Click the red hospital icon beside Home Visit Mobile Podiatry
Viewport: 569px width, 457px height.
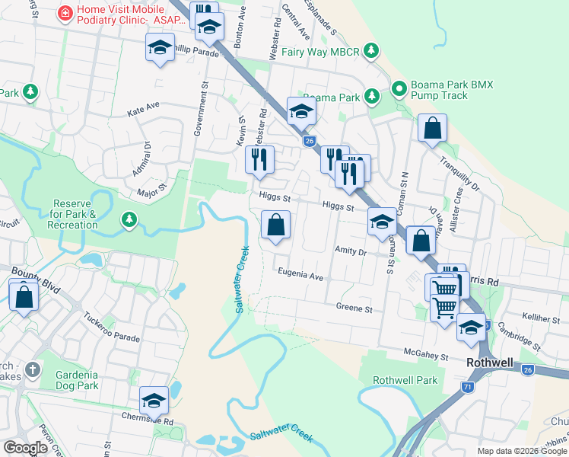(65, 14)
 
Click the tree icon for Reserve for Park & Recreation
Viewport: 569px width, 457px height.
(129, 220)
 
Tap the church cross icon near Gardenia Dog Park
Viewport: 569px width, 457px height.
(31, 370)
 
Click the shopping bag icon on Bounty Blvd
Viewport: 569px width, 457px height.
(24, 296)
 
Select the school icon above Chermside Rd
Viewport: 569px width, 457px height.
(154, 401)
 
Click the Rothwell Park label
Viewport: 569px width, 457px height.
(405, 380)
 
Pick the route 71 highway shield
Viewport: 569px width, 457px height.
(466, 387)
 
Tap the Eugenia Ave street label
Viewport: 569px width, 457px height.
(300, 274)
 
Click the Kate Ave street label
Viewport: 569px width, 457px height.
(144, 109)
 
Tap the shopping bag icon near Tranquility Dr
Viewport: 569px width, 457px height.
(432, 129)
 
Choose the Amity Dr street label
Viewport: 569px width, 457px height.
(351, 251)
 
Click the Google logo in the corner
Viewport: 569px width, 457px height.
(25, 448)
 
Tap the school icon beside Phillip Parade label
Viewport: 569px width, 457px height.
(161, 49)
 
